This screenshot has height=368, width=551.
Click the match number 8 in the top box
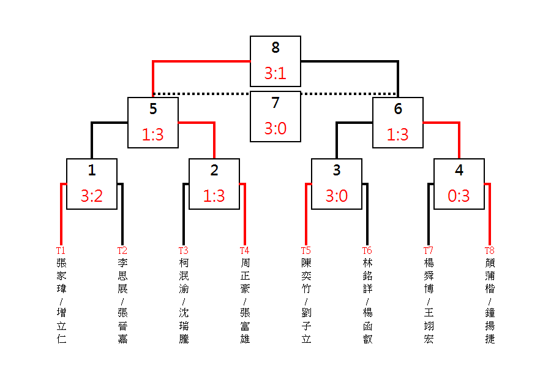pyautogui.click(x=275, y=47)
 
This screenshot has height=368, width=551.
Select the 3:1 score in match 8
pyautogui.click(x=275, y=73)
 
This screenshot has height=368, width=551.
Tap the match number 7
pyautogui.click(x=275, y=102)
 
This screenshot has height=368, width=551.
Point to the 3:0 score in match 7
pyautogui.click(x=275, y=129)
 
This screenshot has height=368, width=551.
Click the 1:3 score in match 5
pyautogui.click(x=153, y=134)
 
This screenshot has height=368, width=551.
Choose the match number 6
pyautogui.click(x=398, y=109)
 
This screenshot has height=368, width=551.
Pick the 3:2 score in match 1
pyautogui.click(x=92, y=196)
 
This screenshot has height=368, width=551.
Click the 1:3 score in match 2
pyautogui.click(x=214, y=196)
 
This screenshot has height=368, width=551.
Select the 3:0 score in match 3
pyautogui.click(x=337, y=196)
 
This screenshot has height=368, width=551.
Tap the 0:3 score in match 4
pyautogui.click(x=459, y=196)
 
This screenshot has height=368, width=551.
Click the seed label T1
pyautogui.click(x=61, y=250)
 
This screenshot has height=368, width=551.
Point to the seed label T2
pyautogui.click(x=122, y=250)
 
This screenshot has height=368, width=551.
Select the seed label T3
pyautogui.click(x=184, y=250)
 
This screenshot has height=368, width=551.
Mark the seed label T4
pyautogui.click(x=244, y=250)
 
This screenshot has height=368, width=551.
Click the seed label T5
pyautogui.click(x=306, y=250)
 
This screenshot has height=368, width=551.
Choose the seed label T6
pyautogui.click(x=367, y=250)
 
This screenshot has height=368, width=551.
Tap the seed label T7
pyautogui.click(x=429, y=250)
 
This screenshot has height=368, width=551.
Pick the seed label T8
pyautogui.click(x=490, y=250)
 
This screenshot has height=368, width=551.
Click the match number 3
pyautogui.click(x=337, y=170)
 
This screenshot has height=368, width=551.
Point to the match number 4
pyautogui.click(x=459, y=170)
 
